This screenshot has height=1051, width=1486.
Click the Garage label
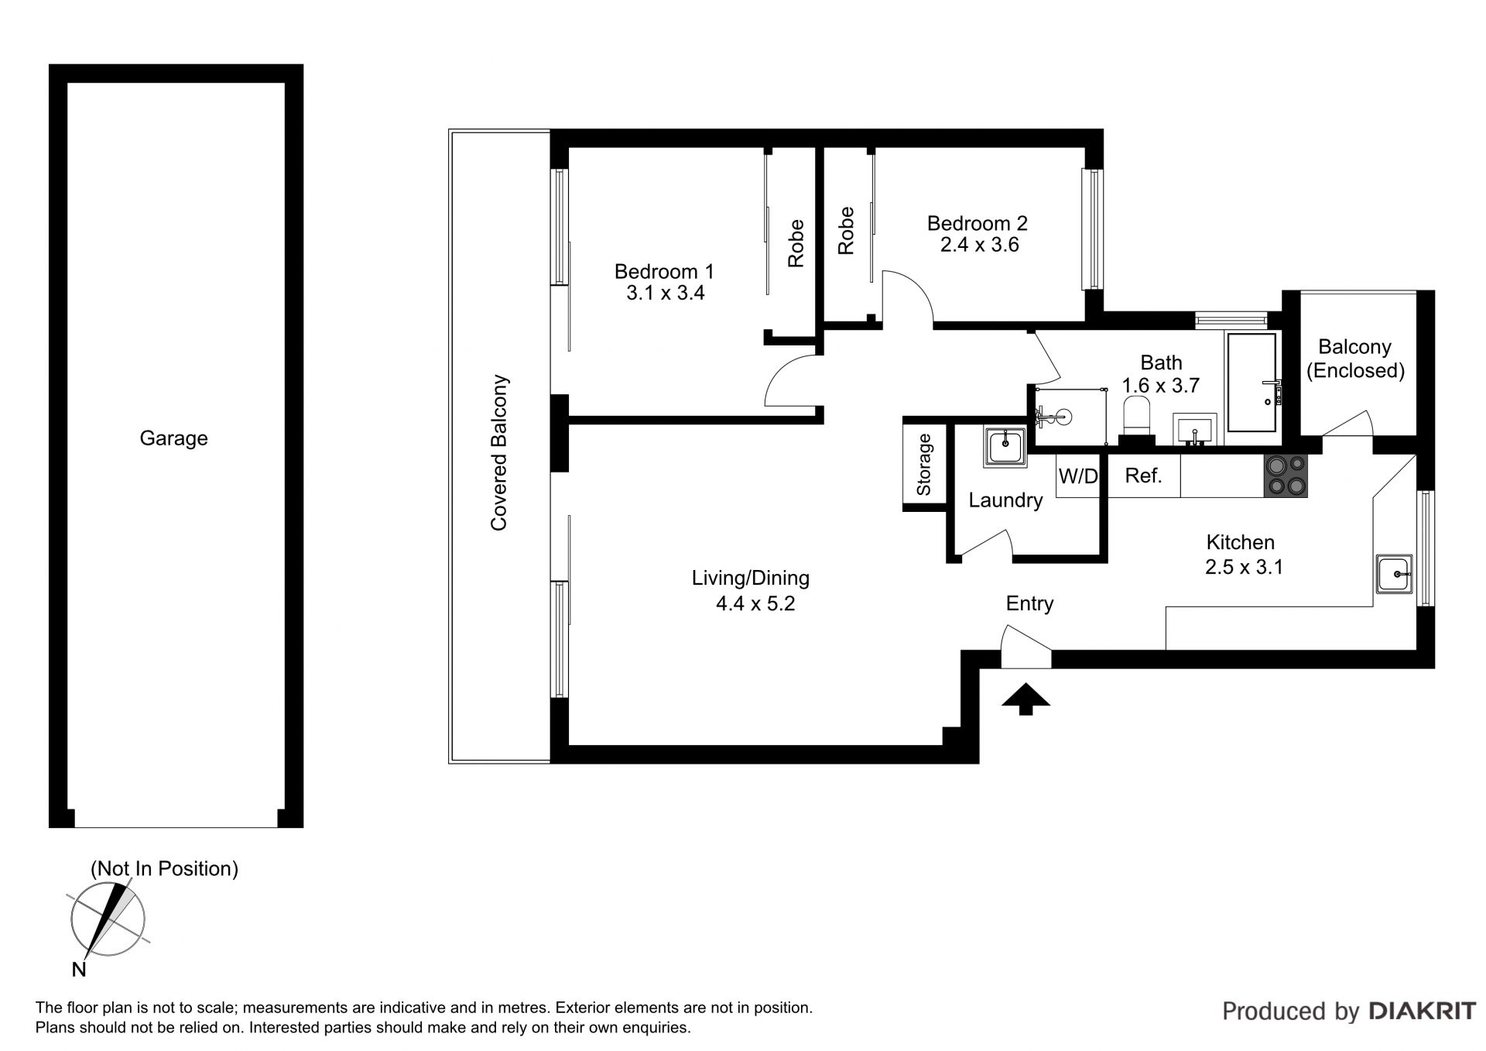(x=173, y=438)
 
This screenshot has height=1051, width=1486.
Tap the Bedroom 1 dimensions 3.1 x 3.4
(x=665, y=294)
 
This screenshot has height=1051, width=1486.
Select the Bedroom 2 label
(x=978, y=223)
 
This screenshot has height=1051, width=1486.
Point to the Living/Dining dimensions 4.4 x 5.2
(x=755, y=603)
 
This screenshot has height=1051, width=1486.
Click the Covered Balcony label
(x=499, y=453)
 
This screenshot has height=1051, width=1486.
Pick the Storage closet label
(x=923, y=465)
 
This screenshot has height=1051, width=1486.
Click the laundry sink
(x=1005, y=446)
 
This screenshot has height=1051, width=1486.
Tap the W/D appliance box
(x=1077, y=476)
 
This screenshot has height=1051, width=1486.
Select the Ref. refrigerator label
(x=1143, y=476)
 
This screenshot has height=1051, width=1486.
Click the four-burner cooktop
(x=1286, y=476)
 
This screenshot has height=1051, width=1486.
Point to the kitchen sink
(x=1394, y=574)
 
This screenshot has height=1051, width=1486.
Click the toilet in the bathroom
(x=1136, y=418)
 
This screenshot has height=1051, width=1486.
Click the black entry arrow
(x=1025, y=699)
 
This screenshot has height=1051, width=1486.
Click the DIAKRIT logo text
(x=1423, y=1011)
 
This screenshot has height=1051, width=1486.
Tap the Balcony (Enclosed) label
(x=1355, y=359)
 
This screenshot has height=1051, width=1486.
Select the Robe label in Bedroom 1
(x=796, y=243)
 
